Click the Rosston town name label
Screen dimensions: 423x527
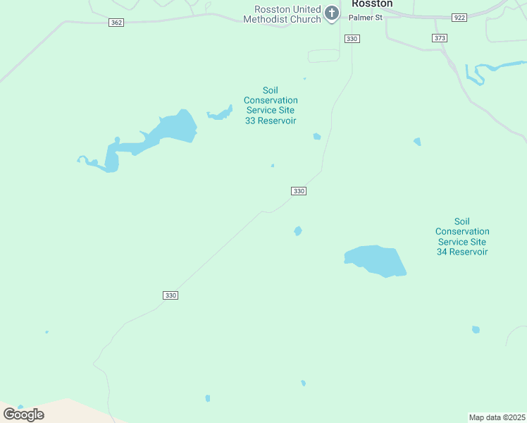(x=372, y=4)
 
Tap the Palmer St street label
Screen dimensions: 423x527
(x=366, y=17)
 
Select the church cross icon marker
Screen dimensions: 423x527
(x=332, y=12)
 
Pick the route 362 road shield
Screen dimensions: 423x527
(x=116, y=23)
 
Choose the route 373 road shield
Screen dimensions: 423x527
(x=440, y=37)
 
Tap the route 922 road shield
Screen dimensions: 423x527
(x=459, y=17)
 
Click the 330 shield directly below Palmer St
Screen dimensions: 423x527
(x=352, y=38)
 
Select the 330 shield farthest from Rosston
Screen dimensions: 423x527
(x=170, y=295)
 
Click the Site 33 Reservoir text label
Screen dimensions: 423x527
(x=271, y=105)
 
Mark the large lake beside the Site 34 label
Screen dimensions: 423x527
(x=375, y=260)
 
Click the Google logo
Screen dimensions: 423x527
(x=23, y=415)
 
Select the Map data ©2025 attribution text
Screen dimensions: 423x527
(x=497, y=417)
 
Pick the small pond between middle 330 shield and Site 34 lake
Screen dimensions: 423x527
(x=298, y=231)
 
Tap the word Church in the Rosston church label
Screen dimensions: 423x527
(x=307, y=19)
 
